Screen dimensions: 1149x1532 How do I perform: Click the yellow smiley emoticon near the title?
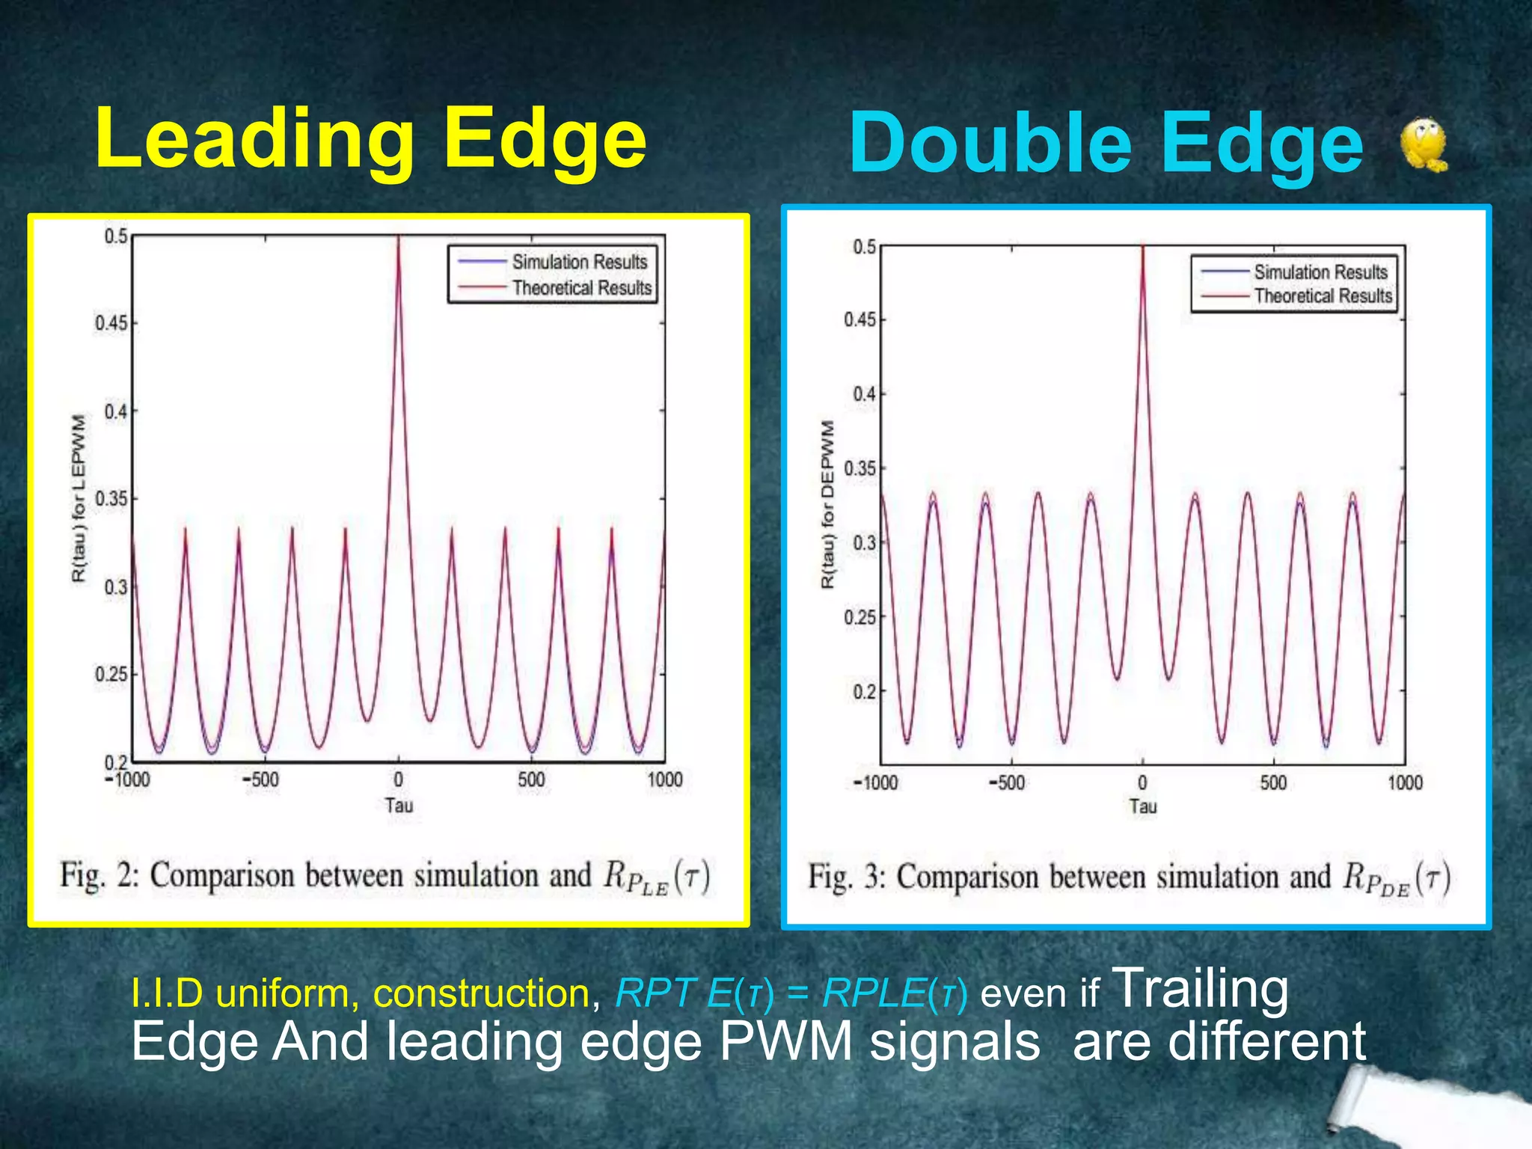(1423, 144)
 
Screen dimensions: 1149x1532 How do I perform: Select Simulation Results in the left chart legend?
(579, 262)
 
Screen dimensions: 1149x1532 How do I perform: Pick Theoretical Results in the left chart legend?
(581, 288)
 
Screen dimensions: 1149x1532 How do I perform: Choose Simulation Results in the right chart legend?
(1320, 272)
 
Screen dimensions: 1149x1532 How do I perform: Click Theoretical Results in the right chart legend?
(1323, 296)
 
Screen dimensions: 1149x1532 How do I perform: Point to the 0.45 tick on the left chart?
(111, 323)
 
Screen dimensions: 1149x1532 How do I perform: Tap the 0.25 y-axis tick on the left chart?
(111, 674)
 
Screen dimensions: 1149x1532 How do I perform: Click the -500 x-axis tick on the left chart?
(261, 779)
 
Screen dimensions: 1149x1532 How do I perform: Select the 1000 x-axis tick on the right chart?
(1405, 782)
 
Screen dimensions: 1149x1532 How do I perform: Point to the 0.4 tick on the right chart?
(864, 393)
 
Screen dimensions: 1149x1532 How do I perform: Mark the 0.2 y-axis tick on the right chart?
(864, 692)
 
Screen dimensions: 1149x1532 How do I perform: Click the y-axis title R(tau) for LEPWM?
(79, 498)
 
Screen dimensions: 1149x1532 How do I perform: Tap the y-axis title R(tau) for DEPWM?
(827, 504)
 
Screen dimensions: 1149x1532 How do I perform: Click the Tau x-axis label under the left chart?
(399, 806)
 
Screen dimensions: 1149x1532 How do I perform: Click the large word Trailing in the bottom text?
(1201, 989)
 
